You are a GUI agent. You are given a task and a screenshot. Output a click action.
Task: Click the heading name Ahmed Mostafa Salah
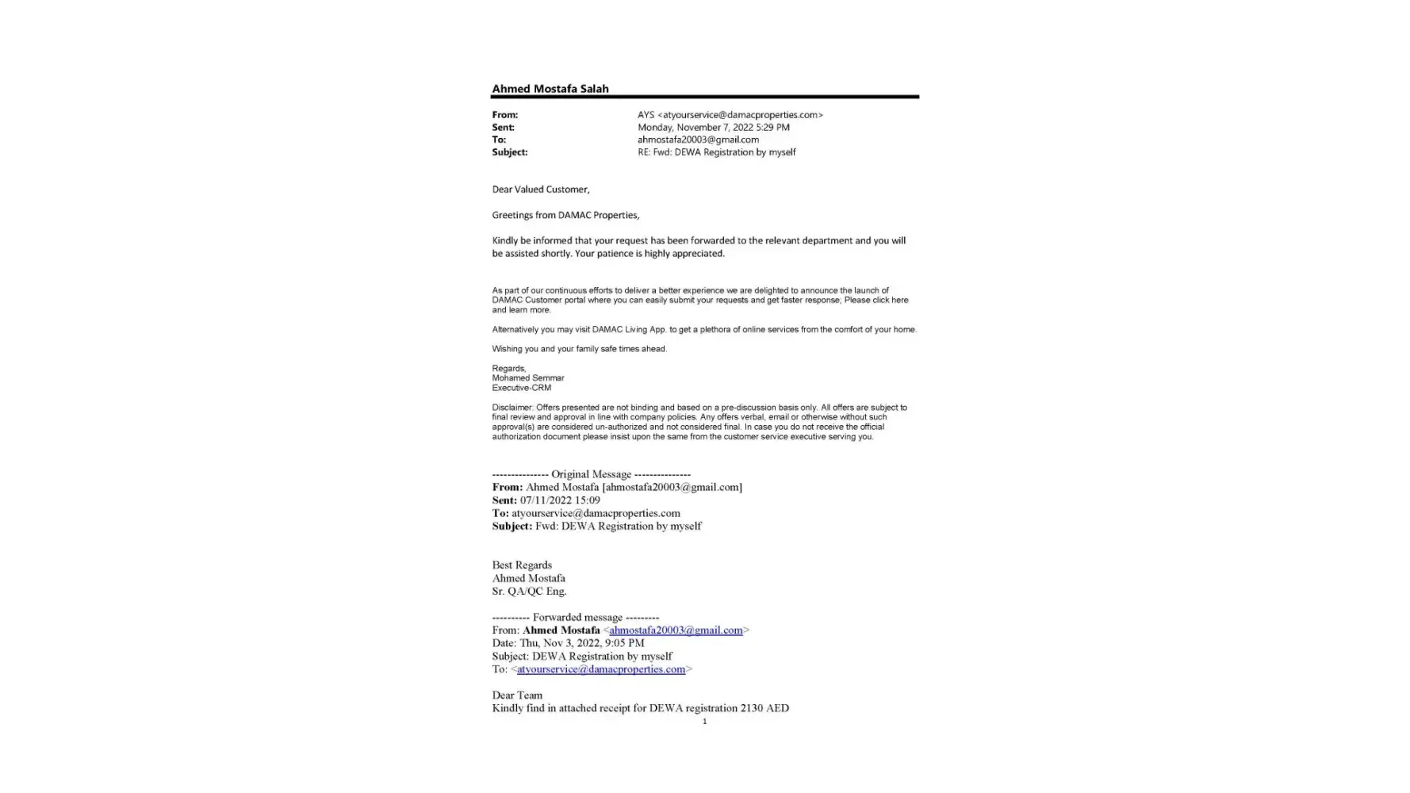pyautogui.click(x=550, y=89)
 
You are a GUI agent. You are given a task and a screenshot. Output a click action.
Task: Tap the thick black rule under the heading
pyautogui.click(x=704, y=97)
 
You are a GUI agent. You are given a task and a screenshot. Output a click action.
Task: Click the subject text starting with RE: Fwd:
pyautogui.click(x=716, y=152)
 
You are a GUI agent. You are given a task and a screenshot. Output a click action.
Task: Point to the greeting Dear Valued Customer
pyautogui.click(x=540, y=190)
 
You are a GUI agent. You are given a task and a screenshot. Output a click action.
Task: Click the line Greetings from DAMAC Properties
pyautogui.click(x=565, y=215)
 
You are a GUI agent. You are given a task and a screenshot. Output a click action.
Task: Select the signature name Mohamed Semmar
pyautogui.click(x=527, y=378)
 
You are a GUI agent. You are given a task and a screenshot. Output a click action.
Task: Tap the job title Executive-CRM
pyautogui.click(x=521, y=388)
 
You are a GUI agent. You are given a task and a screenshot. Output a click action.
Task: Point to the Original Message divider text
pyautogui.click(x=591, y=474)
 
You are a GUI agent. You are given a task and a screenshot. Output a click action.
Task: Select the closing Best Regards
pyautogui.click(x=521, y=565)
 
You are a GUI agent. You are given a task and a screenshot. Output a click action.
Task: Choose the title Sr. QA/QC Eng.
pyautogui.click(x=529, y=592)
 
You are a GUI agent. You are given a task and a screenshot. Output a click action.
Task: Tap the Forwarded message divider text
pyautogui.click(x=575, y=618)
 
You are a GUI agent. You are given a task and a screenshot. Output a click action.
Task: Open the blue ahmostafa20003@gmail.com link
pyautogui.click(x=676, y=630)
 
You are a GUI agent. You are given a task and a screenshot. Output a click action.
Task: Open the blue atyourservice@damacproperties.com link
pyautogui.click(x=600, y=669)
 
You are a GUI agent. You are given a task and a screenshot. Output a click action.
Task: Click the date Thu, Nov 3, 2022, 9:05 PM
pyautogui.click(x=581, y=643)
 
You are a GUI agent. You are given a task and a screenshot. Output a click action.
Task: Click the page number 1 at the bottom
pyautogui.click(x=704, y=722)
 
